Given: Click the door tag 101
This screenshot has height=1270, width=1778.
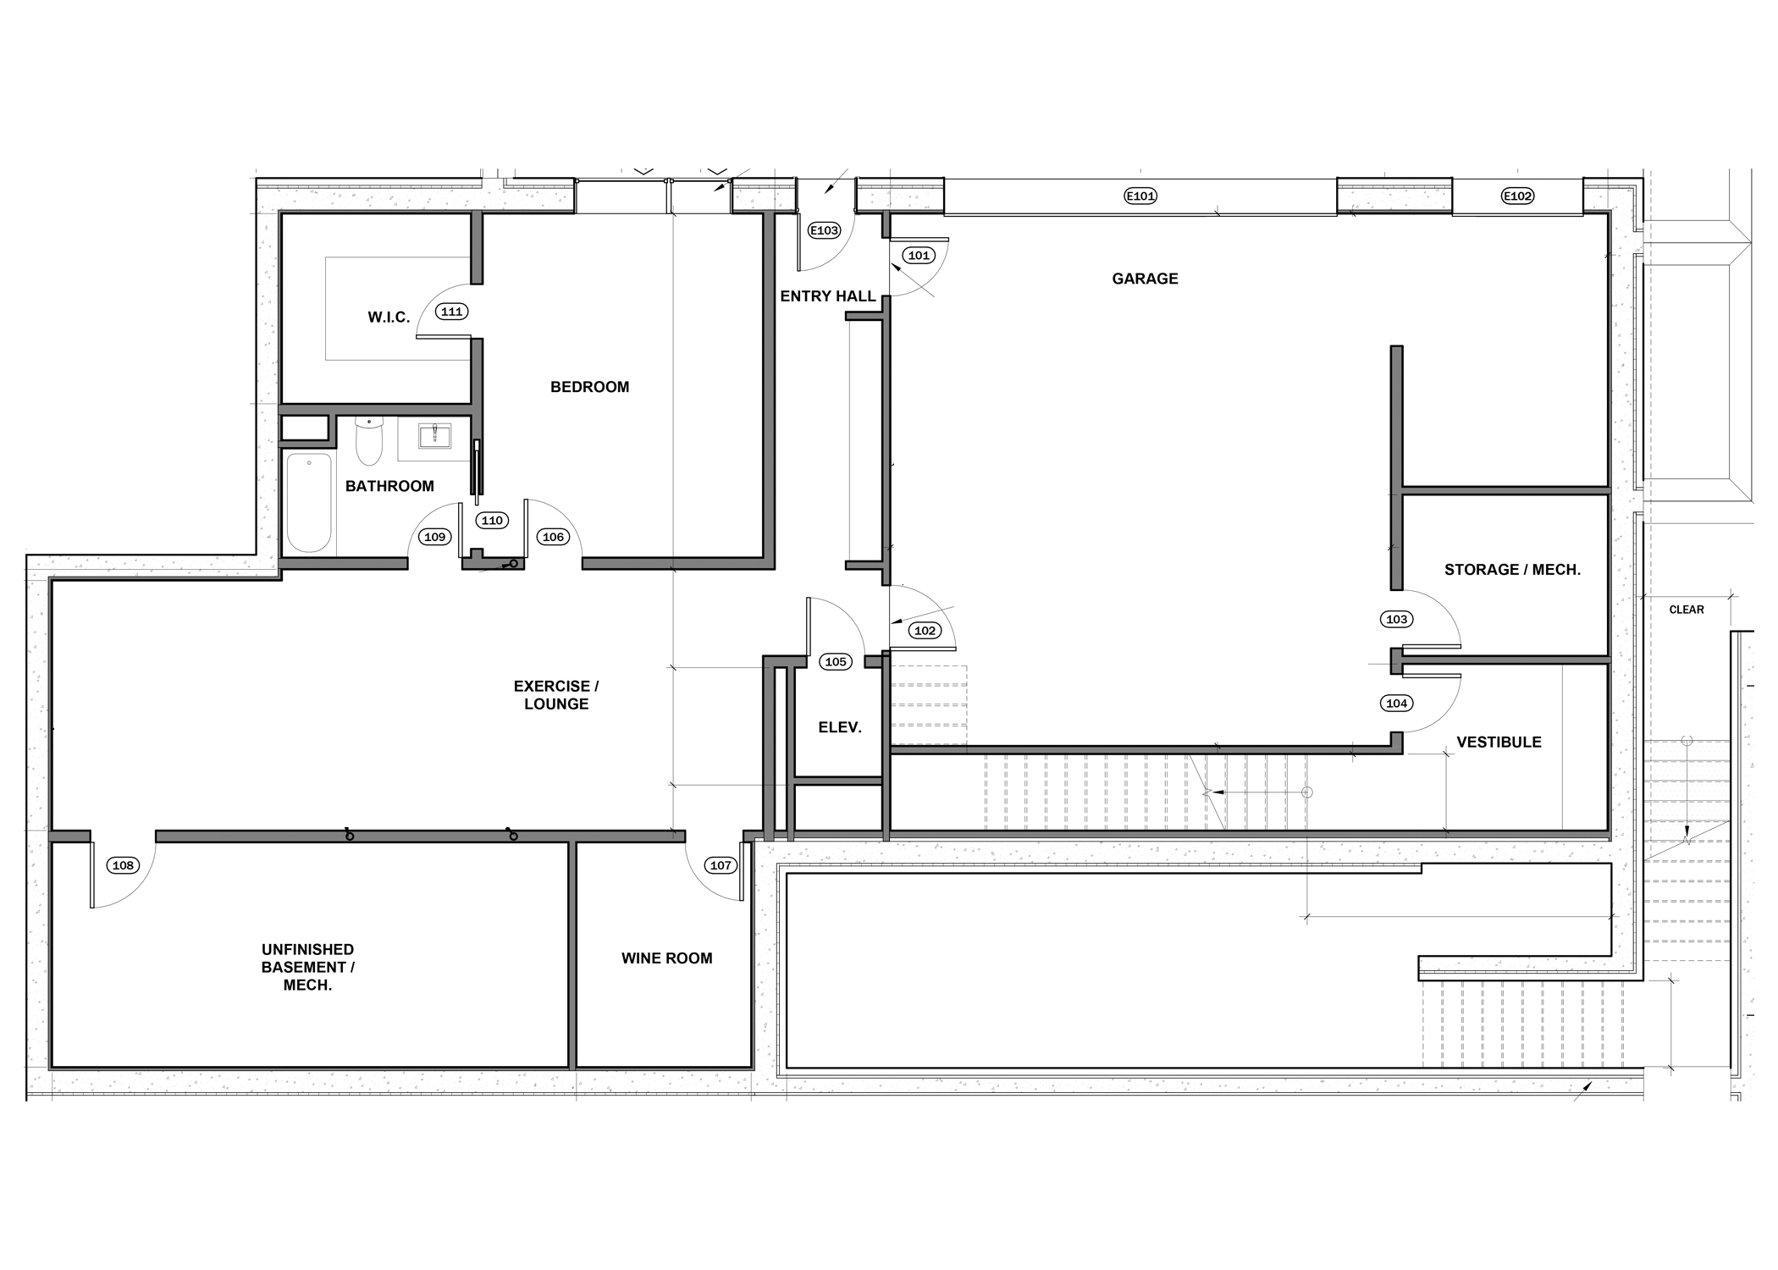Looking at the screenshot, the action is tap(919, 255).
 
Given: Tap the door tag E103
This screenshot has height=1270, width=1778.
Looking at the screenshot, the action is tap(824, 230).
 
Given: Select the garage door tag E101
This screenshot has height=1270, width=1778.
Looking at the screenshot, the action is tap(1140, 196).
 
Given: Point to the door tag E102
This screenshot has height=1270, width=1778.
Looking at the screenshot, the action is tap(1517, 196).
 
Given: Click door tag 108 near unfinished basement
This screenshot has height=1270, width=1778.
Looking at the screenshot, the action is tap(123, 865).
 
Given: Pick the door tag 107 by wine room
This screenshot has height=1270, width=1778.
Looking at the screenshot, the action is tap(721, 865).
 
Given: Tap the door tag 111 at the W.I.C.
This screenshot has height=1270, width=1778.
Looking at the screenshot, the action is tap(452, 312).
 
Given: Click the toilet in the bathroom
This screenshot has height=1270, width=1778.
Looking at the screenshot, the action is tap(368, 440).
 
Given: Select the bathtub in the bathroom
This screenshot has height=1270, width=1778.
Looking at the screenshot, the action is tap(309, 503).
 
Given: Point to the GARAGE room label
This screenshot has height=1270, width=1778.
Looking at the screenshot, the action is tap(1145, 279).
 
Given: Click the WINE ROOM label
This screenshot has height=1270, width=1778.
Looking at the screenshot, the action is tap(667, 958).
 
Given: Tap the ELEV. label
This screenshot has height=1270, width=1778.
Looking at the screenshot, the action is tap(840, 727).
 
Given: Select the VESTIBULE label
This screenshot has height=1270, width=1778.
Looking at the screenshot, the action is tap(1499, 743).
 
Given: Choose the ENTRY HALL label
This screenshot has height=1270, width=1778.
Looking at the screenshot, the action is tap(828, 296).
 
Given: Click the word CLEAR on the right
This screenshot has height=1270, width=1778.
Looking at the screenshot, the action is tap(1687, 610).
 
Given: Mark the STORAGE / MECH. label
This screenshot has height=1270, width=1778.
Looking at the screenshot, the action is tap(1513, 570).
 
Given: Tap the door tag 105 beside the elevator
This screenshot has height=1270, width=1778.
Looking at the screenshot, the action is tap(836, 662).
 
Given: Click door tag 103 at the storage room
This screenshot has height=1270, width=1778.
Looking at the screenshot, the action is tap(1397, 620).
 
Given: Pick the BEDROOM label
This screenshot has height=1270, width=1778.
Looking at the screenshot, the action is tap(590, 387).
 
